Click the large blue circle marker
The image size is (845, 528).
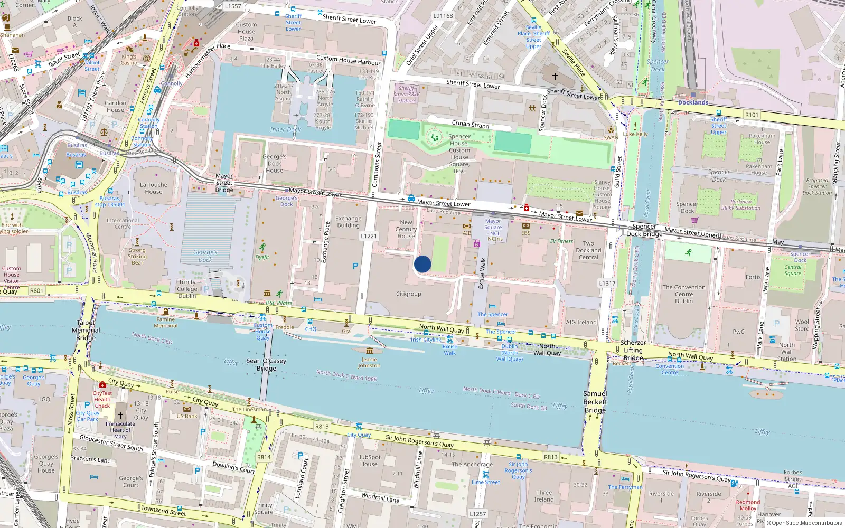[422, 264]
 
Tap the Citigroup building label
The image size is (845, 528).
[408, 294]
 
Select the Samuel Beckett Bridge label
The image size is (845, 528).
[595, 402]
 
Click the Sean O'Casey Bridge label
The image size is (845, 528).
[266, 364]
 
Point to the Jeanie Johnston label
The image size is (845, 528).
[369, 362]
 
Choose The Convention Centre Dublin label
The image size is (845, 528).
[683, 294]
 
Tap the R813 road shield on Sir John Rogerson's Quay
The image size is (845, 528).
[551, 457]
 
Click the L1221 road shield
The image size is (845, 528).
[369, 236]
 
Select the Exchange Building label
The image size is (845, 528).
[348, 222]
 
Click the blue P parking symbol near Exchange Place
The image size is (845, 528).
[355, 267]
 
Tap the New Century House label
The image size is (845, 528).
[406, 229]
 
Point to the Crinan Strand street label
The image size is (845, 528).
[470, 124]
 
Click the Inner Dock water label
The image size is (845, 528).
[285, 129]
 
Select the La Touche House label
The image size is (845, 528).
[153, 188]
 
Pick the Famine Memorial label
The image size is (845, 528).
[165, 322]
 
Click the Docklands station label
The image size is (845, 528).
[693, 102]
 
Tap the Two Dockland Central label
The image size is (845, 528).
[588, 250]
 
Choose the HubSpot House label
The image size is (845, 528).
[368, 460]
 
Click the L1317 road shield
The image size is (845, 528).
[607, 284]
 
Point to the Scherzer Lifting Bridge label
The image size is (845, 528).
[633, 350]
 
